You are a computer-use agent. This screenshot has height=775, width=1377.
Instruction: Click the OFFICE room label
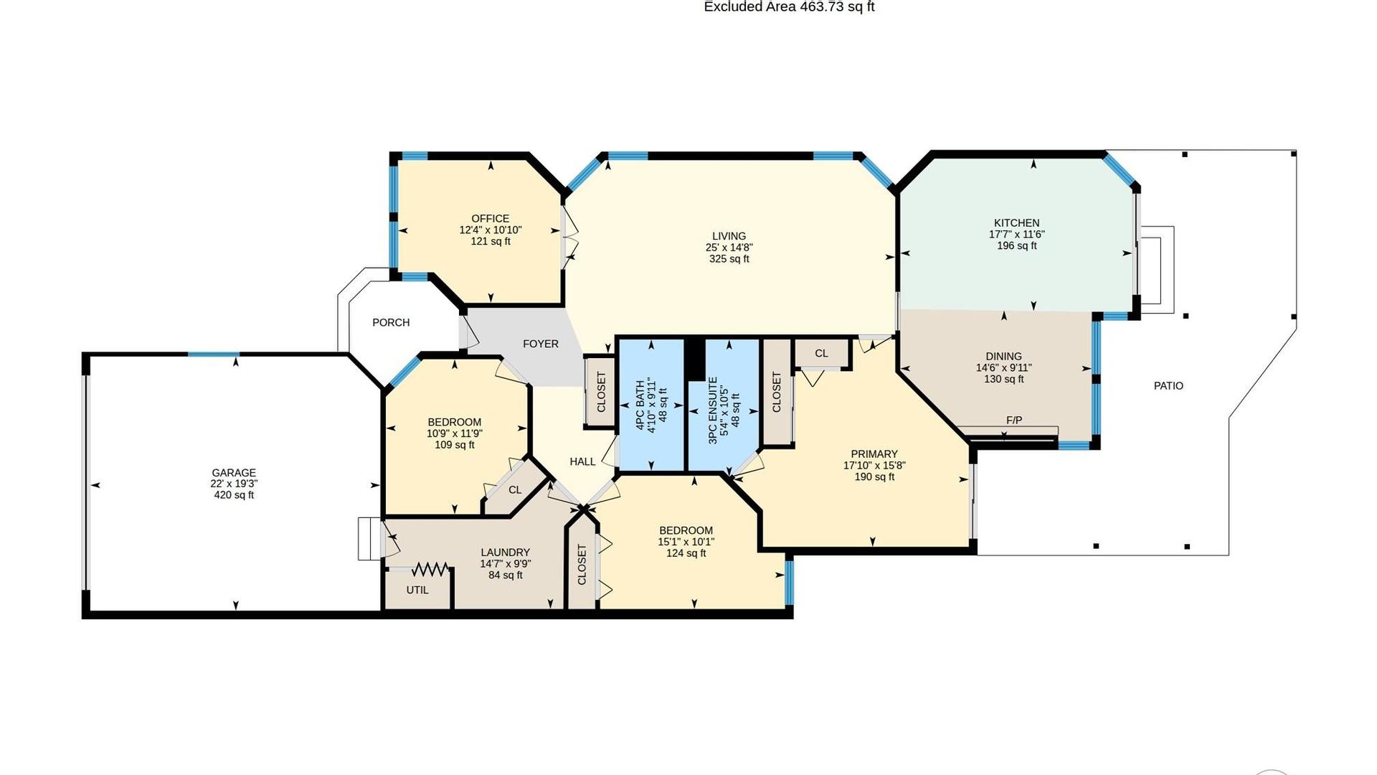tap(491, 219)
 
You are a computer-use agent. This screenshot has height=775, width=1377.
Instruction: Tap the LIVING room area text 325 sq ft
tap(729, 259)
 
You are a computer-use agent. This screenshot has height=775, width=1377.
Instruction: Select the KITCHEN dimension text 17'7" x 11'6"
tap(1016, 235)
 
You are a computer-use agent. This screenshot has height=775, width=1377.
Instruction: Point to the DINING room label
tap(1003, 357)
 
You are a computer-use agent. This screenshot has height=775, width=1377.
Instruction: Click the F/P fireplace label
tap(1014, 421)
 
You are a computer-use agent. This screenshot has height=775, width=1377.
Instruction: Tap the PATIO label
tap(1168, 386)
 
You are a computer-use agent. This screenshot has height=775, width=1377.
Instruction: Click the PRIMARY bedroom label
tap(874, 454)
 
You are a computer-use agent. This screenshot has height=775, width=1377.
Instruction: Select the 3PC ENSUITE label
tap(713, 410)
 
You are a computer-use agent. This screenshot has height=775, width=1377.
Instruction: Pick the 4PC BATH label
tap(640, 405)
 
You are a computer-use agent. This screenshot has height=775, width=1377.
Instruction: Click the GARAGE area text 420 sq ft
tap(234, 495)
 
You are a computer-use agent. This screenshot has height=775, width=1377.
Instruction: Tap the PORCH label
tap(391, 323)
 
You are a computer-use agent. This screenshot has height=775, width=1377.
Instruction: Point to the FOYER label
tap(541, 344)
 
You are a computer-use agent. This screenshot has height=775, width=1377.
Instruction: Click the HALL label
tap(582, 462)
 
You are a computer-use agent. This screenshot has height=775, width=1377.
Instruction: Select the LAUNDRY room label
tap(505, 553)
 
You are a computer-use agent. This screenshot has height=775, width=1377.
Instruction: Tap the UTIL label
tap(417, 590)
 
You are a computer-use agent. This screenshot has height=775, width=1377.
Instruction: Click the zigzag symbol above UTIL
tap(430, 570)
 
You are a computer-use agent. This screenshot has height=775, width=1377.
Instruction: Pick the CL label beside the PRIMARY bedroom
tap(821, 354)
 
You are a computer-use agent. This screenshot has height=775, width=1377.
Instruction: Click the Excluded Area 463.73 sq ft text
tap(789, 7)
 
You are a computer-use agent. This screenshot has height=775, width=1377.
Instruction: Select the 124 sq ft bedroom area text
tap(686, 553)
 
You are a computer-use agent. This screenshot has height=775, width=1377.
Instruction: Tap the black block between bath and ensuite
tap(694, 359)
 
